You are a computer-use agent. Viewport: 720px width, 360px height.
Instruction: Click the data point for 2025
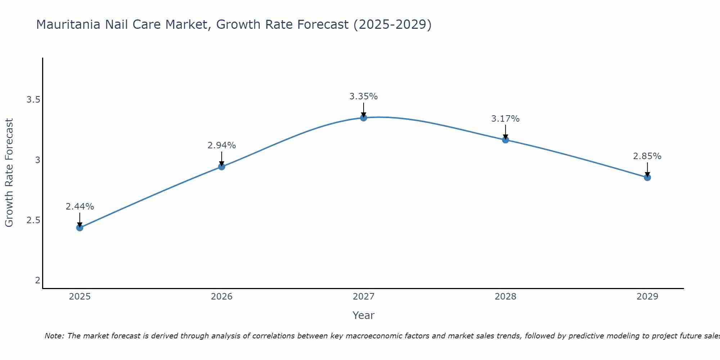point(80,228)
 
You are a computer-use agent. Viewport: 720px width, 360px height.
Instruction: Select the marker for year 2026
point(221,166)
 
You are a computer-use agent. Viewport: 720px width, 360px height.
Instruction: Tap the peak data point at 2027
point(363,117)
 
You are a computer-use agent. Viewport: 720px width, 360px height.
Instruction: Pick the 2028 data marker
point(505,140)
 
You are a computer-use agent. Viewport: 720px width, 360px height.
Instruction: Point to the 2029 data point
point(647,177)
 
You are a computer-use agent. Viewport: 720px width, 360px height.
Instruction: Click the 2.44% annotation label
point(80,207)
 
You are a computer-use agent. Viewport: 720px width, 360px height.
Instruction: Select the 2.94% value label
point(221,145)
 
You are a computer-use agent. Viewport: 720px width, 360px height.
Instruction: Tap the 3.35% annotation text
point(363,96)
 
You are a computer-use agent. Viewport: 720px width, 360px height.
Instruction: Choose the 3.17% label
point(505,119)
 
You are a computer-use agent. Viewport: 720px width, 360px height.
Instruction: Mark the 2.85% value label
point(647,156)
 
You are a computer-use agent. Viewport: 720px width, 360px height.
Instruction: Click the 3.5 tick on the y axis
point(33,100)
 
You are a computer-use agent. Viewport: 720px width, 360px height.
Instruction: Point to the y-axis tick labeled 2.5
point(33,220)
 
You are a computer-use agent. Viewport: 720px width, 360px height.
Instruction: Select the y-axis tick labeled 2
point(37,280)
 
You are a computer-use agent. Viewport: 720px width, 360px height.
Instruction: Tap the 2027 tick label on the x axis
point(363,297)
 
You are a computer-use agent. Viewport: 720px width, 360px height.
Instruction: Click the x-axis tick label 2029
point(647,297)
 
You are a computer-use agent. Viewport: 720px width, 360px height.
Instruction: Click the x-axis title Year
point(363,315)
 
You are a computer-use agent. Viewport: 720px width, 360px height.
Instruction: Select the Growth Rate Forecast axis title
point(9,173)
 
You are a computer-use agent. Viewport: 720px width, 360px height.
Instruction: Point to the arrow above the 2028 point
point(505,132)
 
